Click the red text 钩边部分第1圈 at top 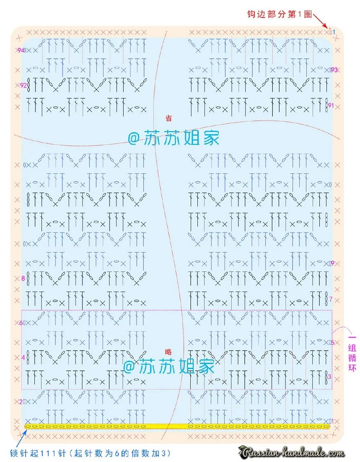pos(280,14)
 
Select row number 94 pos(21,50)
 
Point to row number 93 pos(334,70)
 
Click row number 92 pos(23,85)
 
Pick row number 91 pos(331,106)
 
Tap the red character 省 pos(169,119)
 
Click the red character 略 pos(168,352)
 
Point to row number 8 pos(23,278)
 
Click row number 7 pos(331,299)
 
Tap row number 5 pos(332,343)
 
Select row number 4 pos(23,357)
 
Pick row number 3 pos(329,377)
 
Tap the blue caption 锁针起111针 pos(90,453)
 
